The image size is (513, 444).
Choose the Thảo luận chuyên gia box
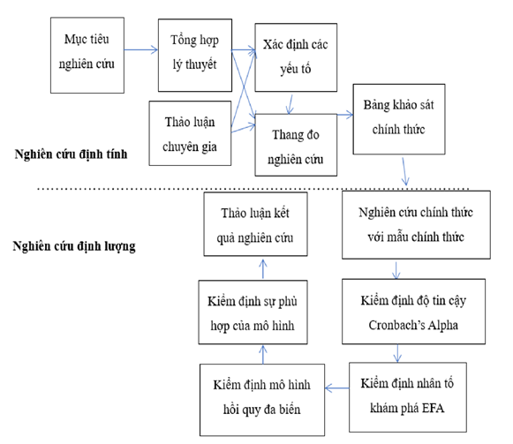pyautogui.click(x=192, y=132)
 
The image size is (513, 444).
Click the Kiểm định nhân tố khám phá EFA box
pyautogui.click(x=409, y=394)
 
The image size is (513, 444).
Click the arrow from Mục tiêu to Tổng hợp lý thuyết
pyautogui.click(x=141, y=51)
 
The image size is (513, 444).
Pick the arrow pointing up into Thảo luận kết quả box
pyautogui.click(x=261, y=267)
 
